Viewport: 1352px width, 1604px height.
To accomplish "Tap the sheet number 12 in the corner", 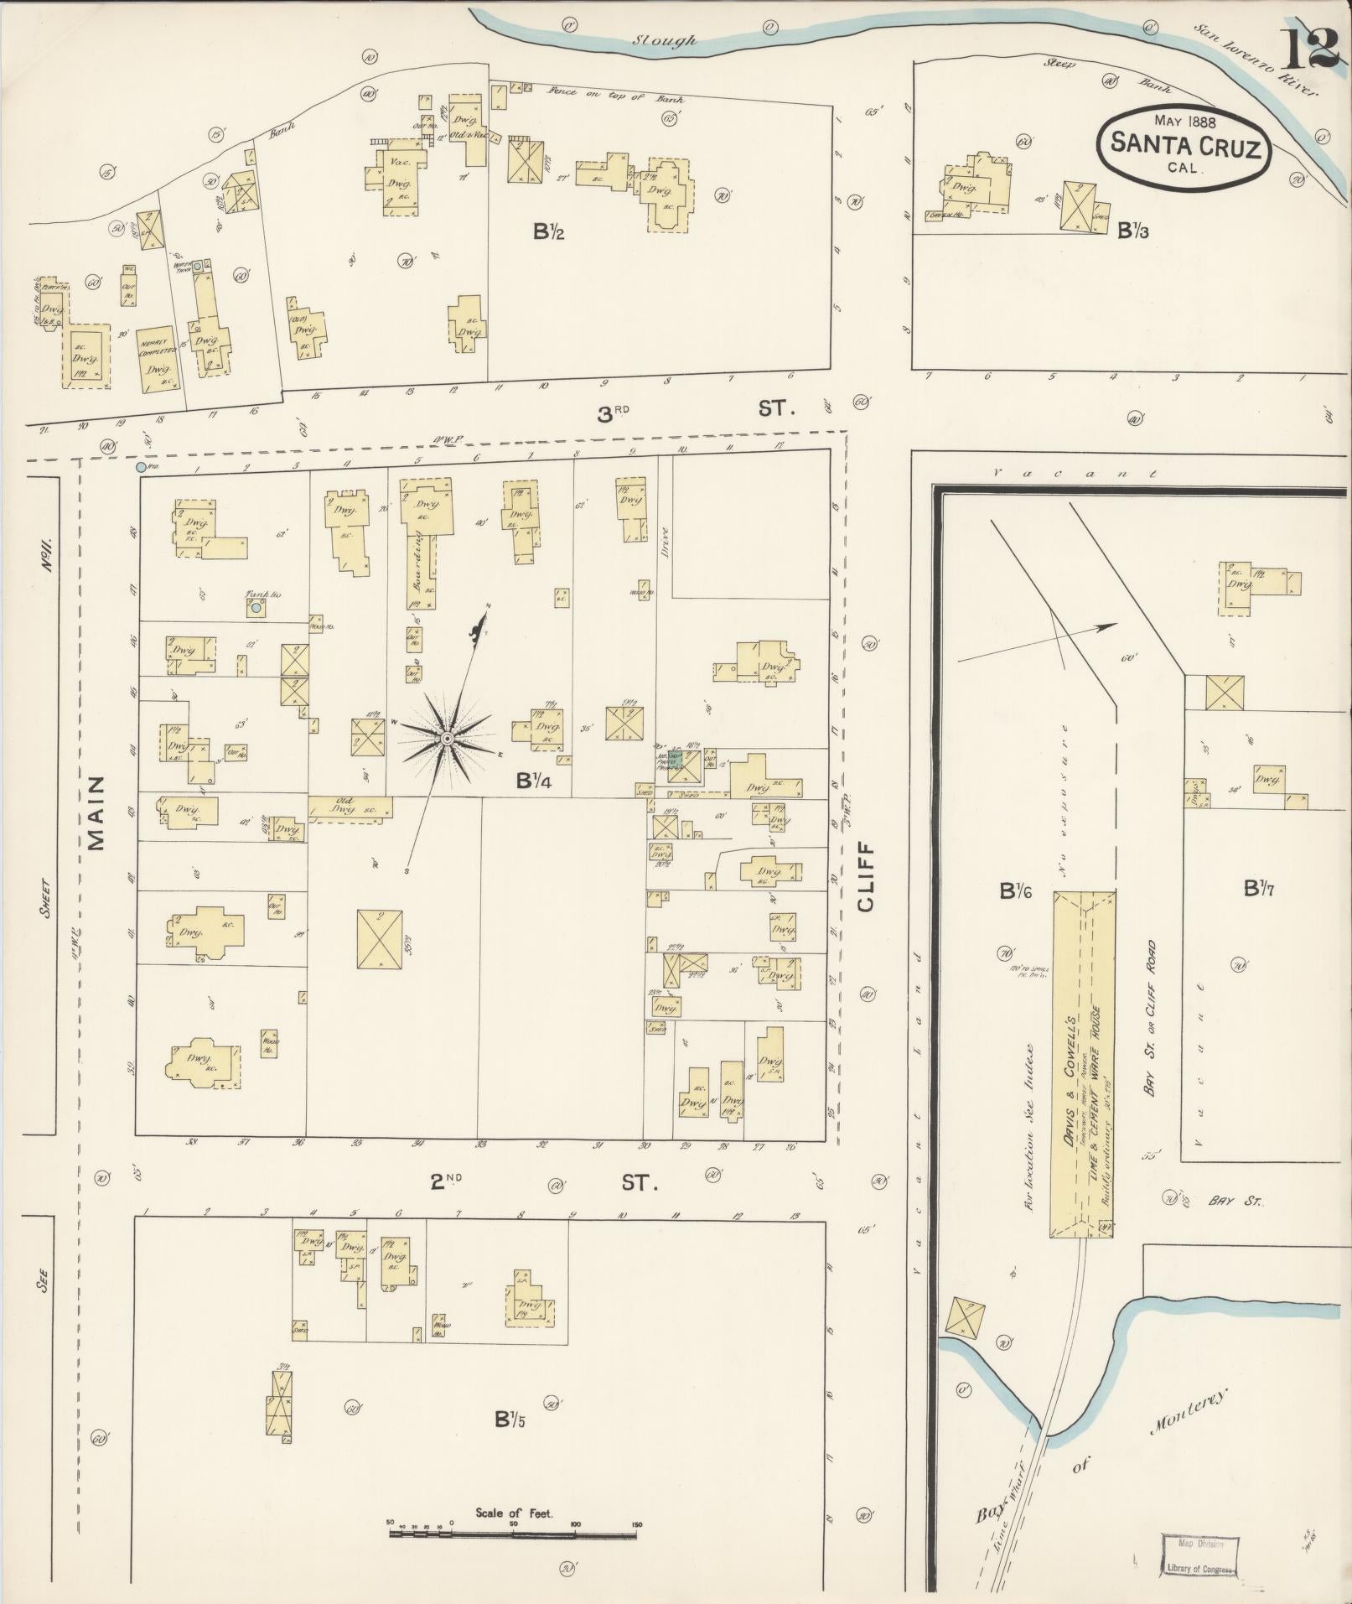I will click(1308, 49).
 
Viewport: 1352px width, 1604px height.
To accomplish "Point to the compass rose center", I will click(447, 738).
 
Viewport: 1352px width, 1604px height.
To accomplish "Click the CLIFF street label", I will click(867, 876).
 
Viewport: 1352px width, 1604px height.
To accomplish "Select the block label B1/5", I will click(510, 1420).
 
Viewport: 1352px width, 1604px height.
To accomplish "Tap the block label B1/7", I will click(1259, 889).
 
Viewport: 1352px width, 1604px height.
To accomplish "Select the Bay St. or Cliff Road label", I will click(1151, 1019).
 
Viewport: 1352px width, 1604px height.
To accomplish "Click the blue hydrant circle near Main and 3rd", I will click(140, 466).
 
